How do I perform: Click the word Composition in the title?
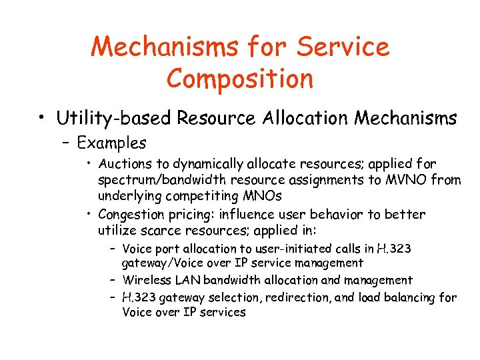coord(240,78)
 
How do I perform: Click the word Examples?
coord(111,143)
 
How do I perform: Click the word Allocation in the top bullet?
coord(307,119)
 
